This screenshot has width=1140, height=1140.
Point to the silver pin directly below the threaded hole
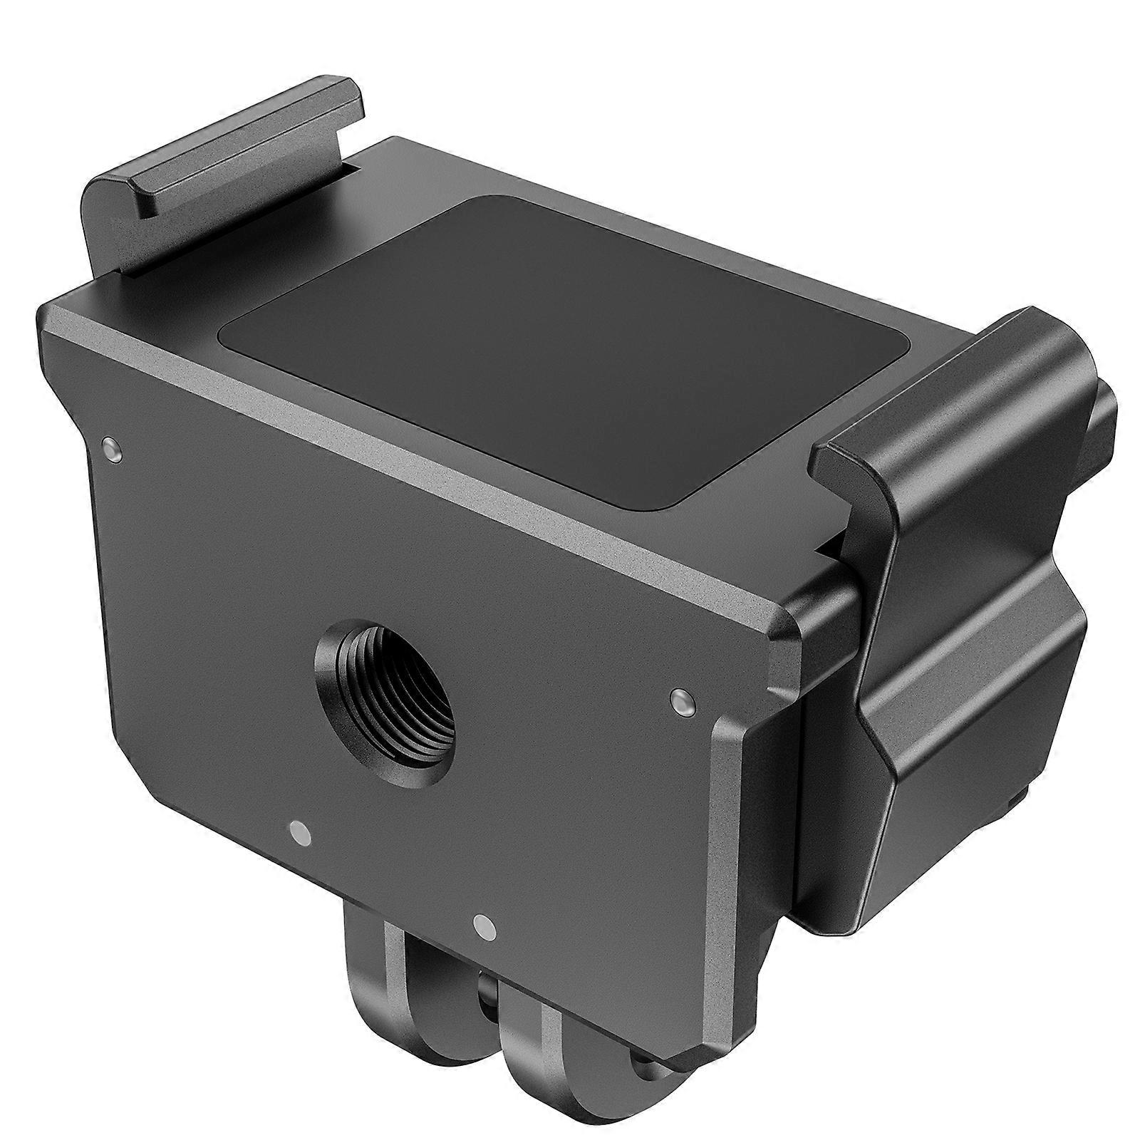(x=299, y=832)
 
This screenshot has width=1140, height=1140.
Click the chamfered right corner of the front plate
(x=784, y=627)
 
